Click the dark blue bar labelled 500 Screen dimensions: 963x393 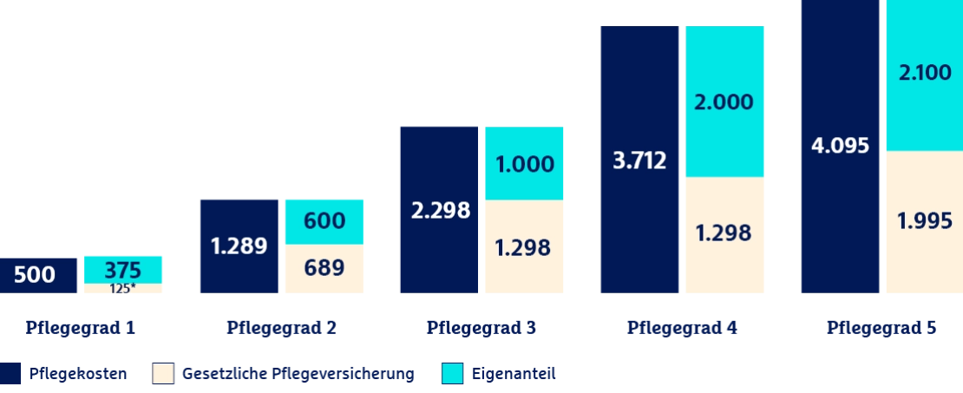(x=38, y=275)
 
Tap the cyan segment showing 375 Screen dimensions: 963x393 (x=123, y=270)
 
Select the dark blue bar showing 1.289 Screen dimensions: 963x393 (x=239, y=246)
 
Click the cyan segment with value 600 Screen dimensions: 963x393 (x=324, y=222)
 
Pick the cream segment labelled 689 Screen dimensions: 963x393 (x=324, y=268)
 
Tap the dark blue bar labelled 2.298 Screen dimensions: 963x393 (x=439, y=209)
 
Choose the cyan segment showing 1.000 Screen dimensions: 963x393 (x=524, y=163)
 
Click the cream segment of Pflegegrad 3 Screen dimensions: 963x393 (x=524, y=246)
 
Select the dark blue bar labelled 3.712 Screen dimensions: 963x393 (x=639, y=159)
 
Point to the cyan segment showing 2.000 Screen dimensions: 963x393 (x=724, y=102)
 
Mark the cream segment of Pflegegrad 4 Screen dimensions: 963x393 (x=724, y=234)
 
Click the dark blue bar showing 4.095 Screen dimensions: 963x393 (x=840, y=146)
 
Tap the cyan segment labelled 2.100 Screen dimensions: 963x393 (x=925, y=75)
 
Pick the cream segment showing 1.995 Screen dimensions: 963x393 (x=925, y=222)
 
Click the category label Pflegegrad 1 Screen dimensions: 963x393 (x=80, y=328)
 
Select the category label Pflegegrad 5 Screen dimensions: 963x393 (x=881, y=328)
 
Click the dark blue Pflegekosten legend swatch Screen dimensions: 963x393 (x=10, y=373)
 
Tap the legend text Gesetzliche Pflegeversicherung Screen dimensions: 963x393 (x=298, y=373)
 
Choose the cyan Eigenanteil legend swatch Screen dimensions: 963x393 (x=452, y=373)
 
